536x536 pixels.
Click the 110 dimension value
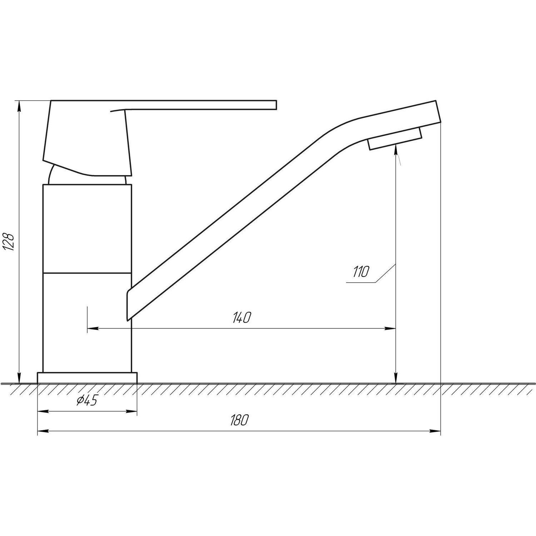tap(360, 272)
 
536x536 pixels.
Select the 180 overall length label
tap(239, 421)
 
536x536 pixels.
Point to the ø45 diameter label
tap(87, 401)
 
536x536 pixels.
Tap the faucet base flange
tap(87, 378)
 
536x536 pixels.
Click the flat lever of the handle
tap(200, 104)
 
